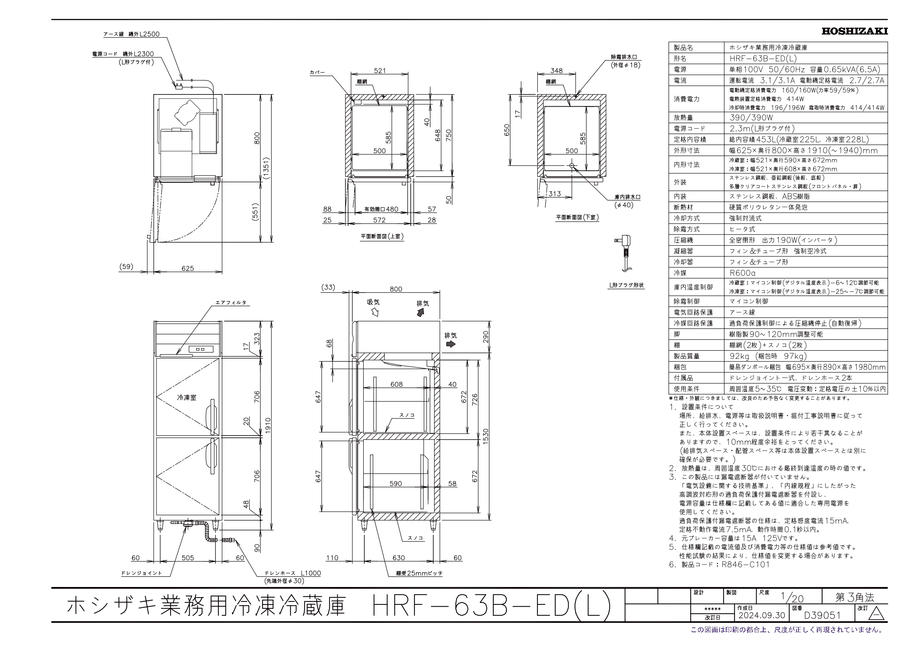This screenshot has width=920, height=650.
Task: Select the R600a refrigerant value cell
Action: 742,273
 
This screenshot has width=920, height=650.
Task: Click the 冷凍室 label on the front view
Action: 187,398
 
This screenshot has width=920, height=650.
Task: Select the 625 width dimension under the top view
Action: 188,268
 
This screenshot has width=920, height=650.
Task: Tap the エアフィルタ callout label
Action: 231,303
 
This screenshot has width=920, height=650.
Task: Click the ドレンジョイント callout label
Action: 142,573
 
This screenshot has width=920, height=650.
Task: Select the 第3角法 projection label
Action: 854,597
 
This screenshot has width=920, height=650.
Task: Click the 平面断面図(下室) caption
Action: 577,217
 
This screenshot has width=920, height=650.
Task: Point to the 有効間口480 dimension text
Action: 381,209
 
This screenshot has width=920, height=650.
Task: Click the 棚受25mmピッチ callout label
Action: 419,573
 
